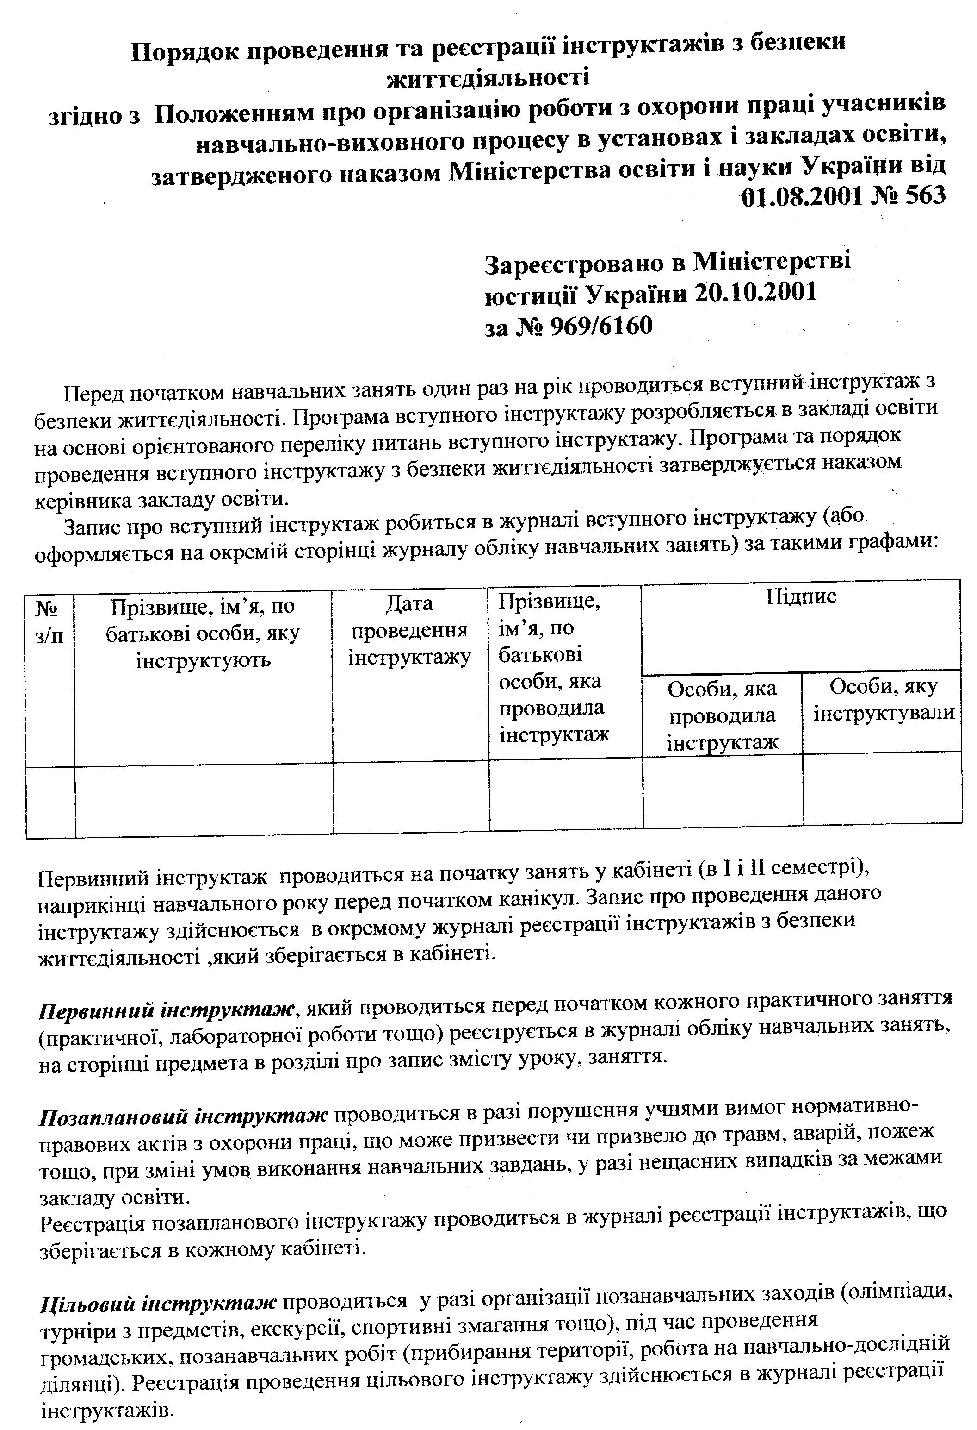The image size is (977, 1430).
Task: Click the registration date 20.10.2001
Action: point(756,293)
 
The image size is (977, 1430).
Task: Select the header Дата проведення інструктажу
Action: point(409,631)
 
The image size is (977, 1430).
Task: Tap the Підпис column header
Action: point(801,597)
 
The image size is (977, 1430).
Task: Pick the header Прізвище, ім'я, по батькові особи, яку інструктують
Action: point(203,634)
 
